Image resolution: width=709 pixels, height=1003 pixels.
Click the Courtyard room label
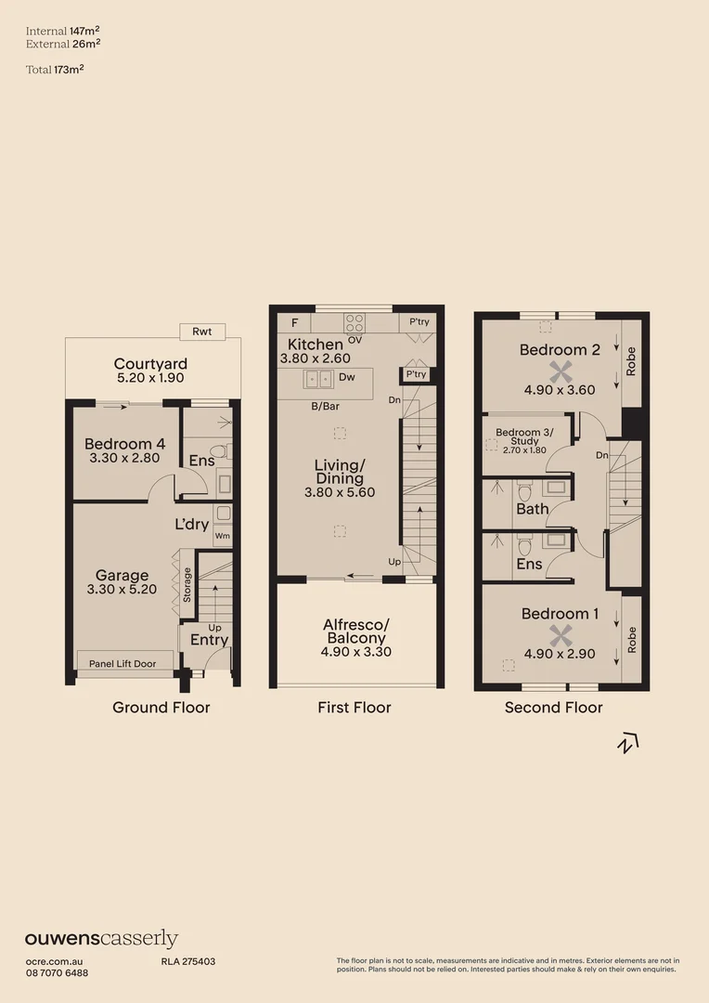(x=150, y=364)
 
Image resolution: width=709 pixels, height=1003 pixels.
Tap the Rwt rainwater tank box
(x=201, y=332)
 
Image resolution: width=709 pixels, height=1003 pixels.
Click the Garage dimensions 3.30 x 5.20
(x=122, y=589)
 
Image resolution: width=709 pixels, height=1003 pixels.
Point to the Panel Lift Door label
(x=123, y=662)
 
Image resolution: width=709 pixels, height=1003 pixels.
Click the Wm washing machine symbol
(x=223, y=536)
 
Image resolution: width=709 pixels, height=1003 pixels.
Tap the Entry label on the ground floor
(x=209, y=640)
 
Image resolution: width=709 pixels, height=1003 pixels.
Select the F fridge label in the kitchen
(x=294, y=323)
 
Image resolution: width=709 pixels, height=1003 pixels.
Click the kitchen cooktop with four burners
(x=355, y=322)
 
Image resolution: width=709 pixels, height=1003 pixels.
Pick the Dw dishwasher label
(x=347, y=378)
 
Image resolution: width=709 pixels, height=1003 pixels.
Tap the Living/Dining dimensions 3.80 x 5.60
(x=340, y=492)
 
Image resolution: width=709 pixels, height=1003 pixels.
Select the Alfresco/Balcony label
(x=355, y=632)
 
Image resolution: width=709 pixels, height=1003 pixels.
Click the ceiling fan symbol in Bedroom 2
(x=558, y=371)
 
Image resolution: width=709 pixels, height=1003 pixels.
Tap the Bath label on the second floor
(x=533, y=508)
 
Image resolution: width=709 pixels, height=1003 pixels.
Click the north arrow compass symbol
(x=629, y=742)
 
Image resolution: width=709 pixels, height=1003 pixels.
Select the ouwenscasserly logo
(x=101, y=939)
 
